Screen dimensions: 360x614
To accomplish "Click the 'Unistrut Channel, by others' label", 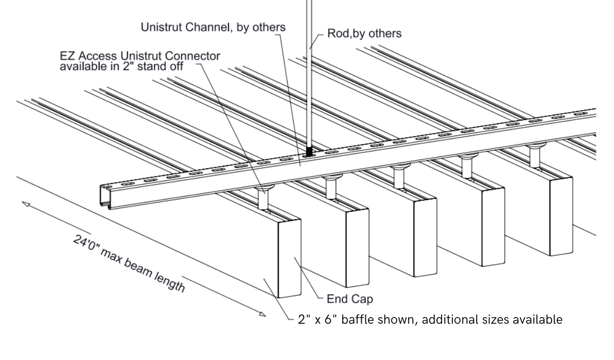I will (213, 27).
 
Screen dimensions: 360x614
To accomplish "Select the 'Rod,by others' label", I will (364, 34).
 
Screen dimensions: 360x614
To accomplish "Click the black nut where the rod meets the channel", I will (309, 152).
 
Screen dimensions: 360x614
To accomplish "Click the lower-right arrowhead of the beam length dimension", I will (262, 314).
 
